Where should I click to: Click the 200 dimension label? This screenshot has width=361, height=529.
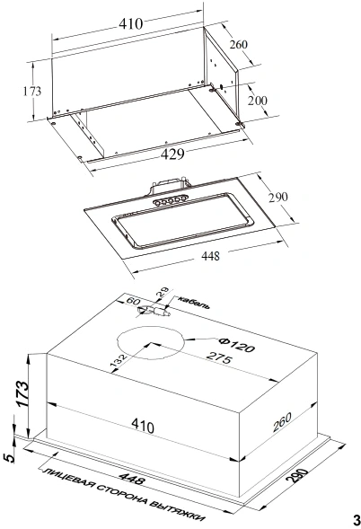pos(257,101)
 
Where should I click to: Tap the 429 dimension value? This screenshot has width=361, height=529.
pos(172,154)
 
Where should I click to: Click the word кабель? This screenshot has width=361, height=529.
pos(193,303)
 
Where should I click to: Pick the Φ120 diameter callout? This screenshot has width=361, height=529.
pos(236,345)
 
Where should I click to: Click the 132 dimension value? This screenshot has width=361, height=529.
pos(119,360)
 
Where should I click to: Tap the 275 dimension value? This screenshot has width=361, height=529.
pos(219,357)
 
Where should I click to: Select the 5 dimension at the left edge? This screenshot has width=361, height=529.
pos(10,457)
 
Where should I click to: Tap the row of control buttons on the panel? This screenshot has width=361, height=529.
pos(170,200)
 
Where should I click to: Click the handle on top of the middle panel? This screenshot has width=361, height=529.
pos(169,185)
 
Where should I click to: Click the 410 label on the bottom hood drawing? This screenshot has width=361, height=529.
pos(143,426)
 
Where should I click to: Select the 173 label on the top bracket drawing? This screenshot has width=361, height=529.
pos(32,91)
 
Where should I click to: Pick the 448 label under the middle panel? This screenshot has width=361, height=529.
pos(210,255)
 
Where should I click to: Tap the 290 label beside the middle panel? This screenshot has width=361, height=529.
pos(278,197)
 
